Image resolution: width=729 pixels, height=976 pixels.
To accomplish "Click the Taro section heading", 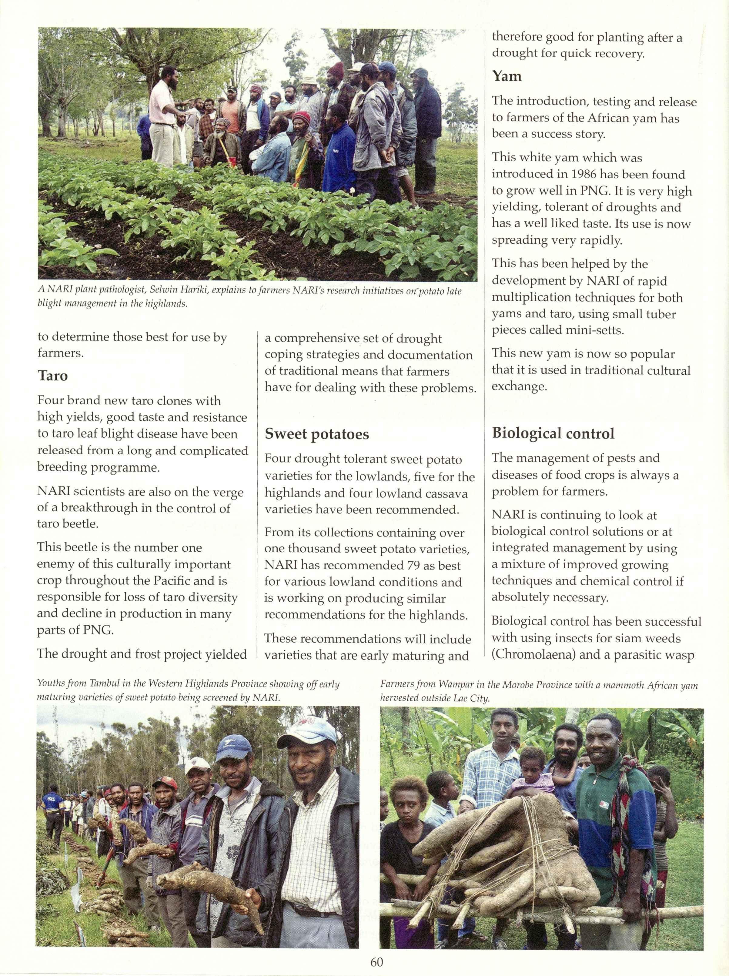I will coord(52,376).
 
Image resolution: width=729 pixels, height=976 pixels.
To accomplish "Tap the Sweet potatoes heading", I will coord(316,434).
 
